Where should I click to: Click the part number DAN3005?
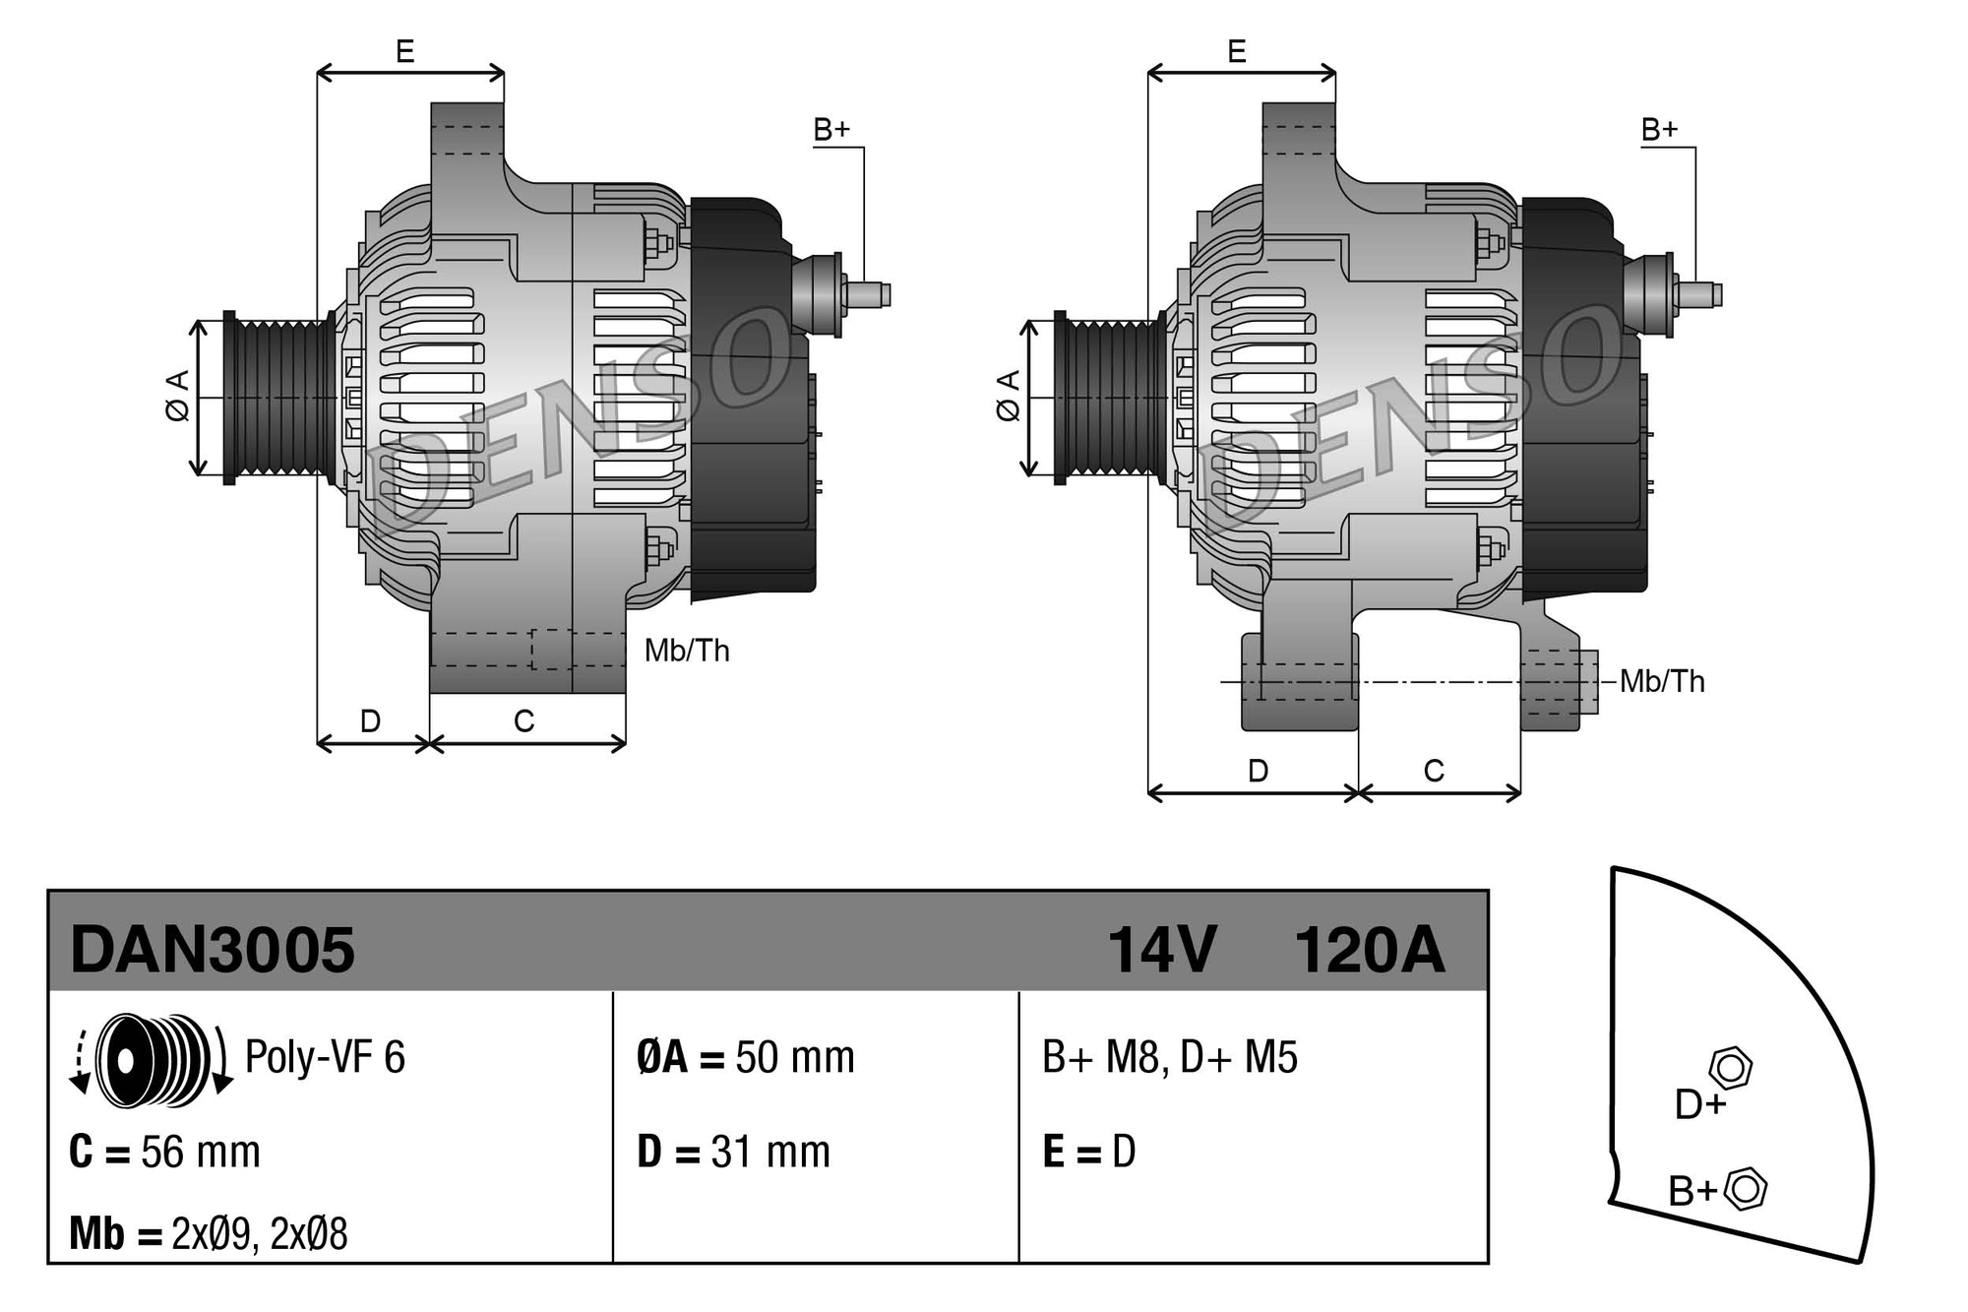click(x=213, y=951)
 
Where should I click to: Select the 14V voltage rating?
click(x=1162, y=951)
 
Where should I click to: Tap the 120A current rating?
click(x=1369, y=951)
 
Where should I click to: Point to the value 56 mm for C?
click(x=201, y=1153)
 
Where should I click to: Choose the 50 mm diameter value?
click(x=795, y=1058)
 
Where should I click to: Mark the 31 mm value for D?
click(x=770, y=1153)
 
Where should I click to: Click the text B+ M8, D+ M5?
click(x=1170, y=1058)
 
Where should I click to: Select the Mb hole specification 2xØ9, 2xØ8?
click(x=259, y=1234)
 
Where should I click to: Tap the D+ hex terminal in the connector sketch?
click(x=1731, y=1068)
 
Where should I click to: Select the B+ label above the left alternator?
click(x=831, y=130)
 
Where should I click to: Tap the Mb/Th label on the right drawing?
click(x=1662, y=681)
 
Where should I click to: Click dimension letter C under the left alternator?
click(x=524, y=721)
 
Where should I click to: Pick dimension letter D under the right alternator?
click(x=1258, y=771)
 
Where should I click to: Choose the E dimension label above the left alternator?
click(x=405, y=51)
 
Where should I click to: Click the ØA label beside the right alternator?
click(x=1008, y=397)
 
